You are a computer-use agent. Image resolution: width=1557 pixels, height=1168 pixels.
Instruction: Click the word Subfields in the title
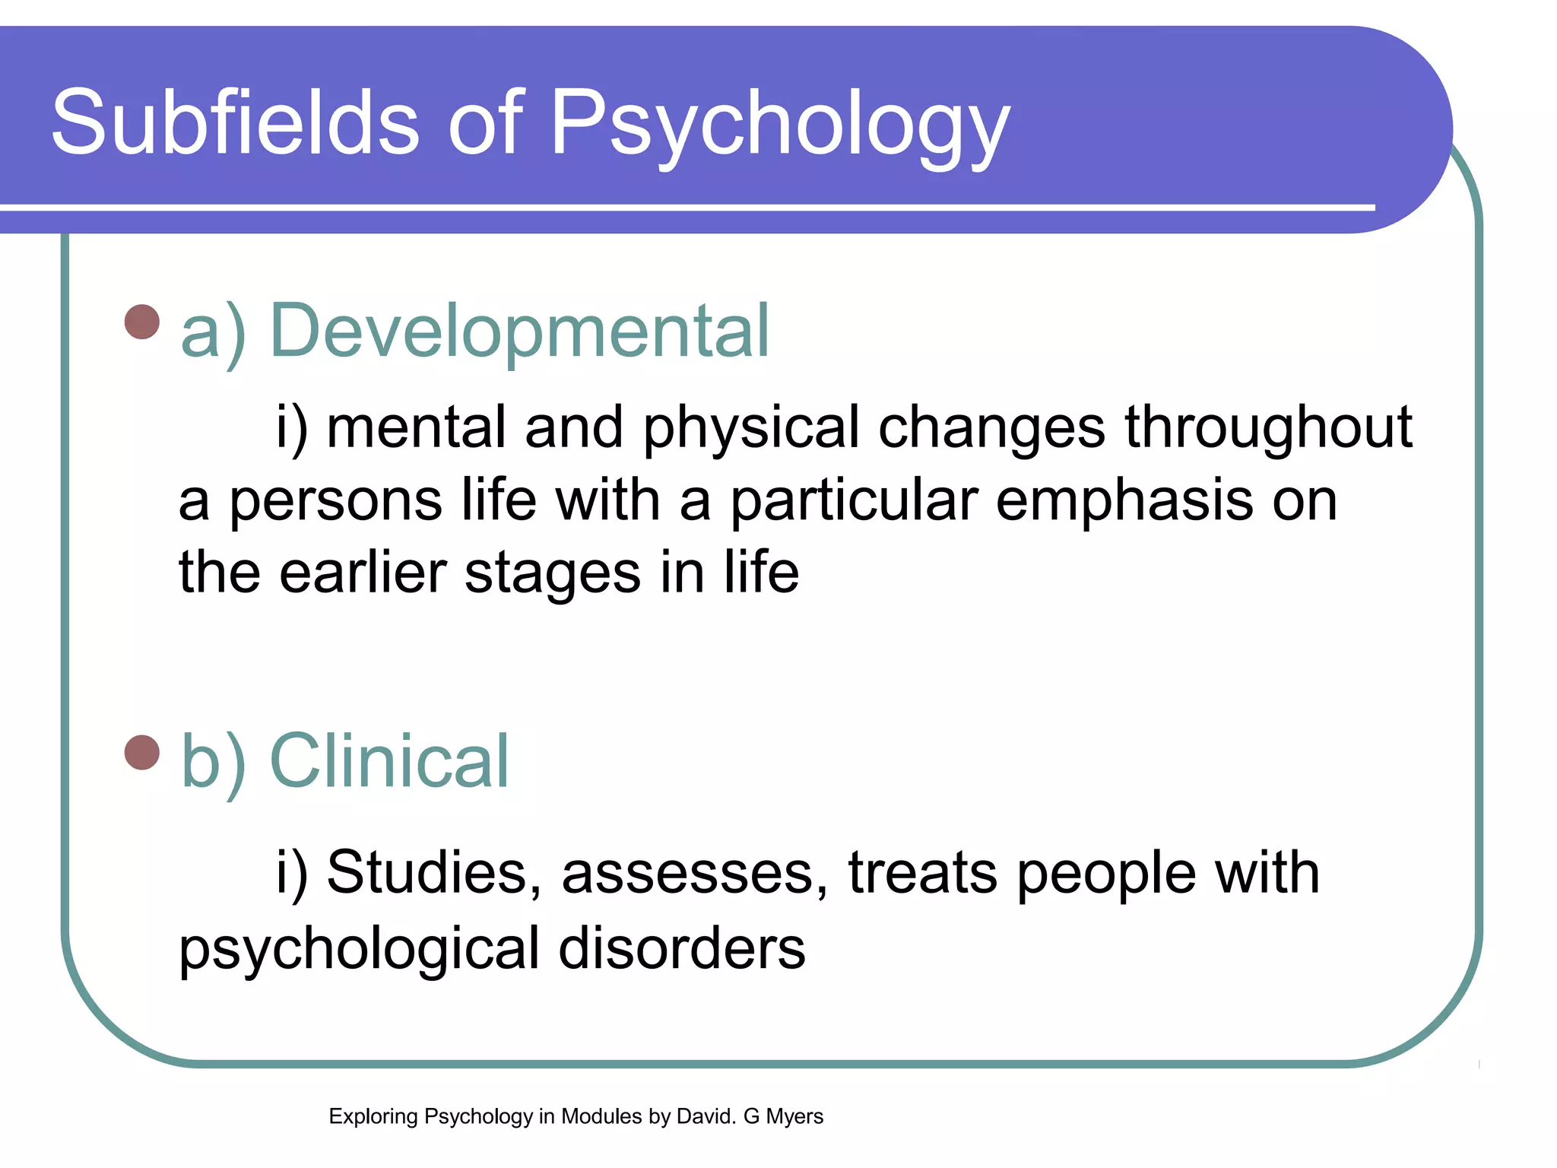(235, 122)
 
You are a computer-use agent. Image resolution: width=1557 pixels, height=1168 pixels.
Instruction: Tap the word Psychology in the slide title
(779, 125)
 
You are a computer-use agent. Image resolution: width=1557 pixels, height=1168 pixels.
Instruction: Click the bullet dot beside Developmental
(142, 321)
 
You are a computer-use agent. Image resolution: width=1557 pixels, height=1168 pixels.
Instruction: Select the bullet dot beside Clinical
(142, 752)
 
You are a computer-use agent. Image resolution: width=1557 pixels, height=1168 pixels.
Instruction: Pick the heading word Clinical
(389, 761)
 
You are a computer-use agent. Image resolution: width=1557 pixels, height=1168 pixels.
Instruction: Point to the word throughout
(1268, 427)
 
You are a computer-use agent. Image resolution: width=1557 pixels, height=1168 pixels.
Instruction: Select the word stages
(553, 574)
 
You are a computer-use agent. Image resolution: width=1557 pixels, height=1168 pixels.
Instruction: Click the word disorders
(682, 948)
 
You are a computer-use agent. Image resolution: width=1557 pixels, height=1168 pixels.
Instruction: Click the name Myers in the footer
(794, 1116)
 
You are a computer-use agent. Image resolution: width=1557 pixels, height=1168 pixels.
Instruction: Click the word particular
(854, 502)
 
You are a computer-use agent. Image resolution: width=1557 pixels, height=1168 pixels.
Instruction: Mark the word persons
(335, 502)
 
